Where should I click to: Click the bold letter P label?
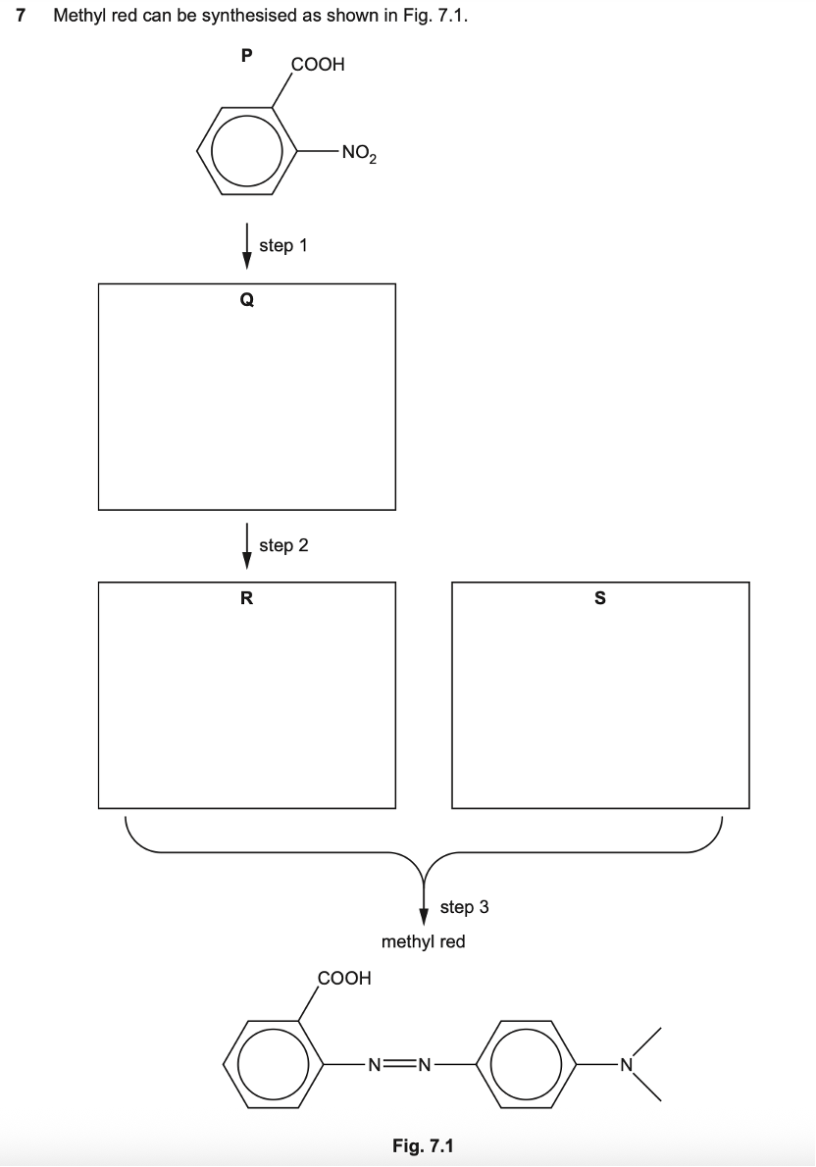(x=246, y=57)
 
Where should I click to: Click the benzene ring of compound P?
(x=241, y=153)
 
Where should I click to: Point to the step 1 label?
(x=283, y=245)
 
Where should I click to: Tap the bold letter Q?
(x=246, y=301)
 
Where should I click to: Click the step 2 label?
(x=283, y=545)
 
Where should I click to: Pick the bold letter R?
(x=246, y=599)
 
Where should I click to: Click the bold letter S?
(x=600, y=599)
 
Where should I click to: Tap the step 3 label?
(x=464, y=907)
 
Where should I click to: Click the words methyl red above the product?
(x=423, y=942)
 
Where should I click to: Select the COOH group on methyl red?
(x=344, y=978)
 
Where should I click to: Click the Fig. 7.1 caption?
(x=423, y=1144)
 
